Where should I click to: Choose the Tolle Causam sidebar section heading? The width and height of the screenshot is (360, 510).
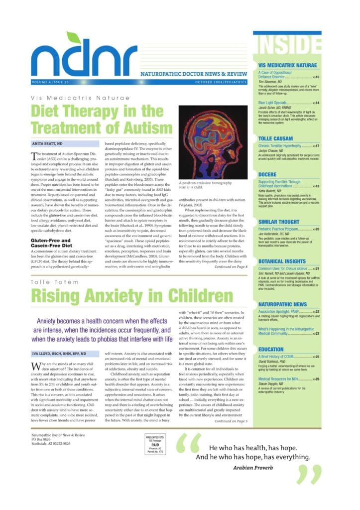click(x=275, y=138)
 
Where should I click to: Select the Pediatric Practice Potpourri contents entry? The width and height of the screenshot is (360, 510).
click(x=284, y=215)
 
